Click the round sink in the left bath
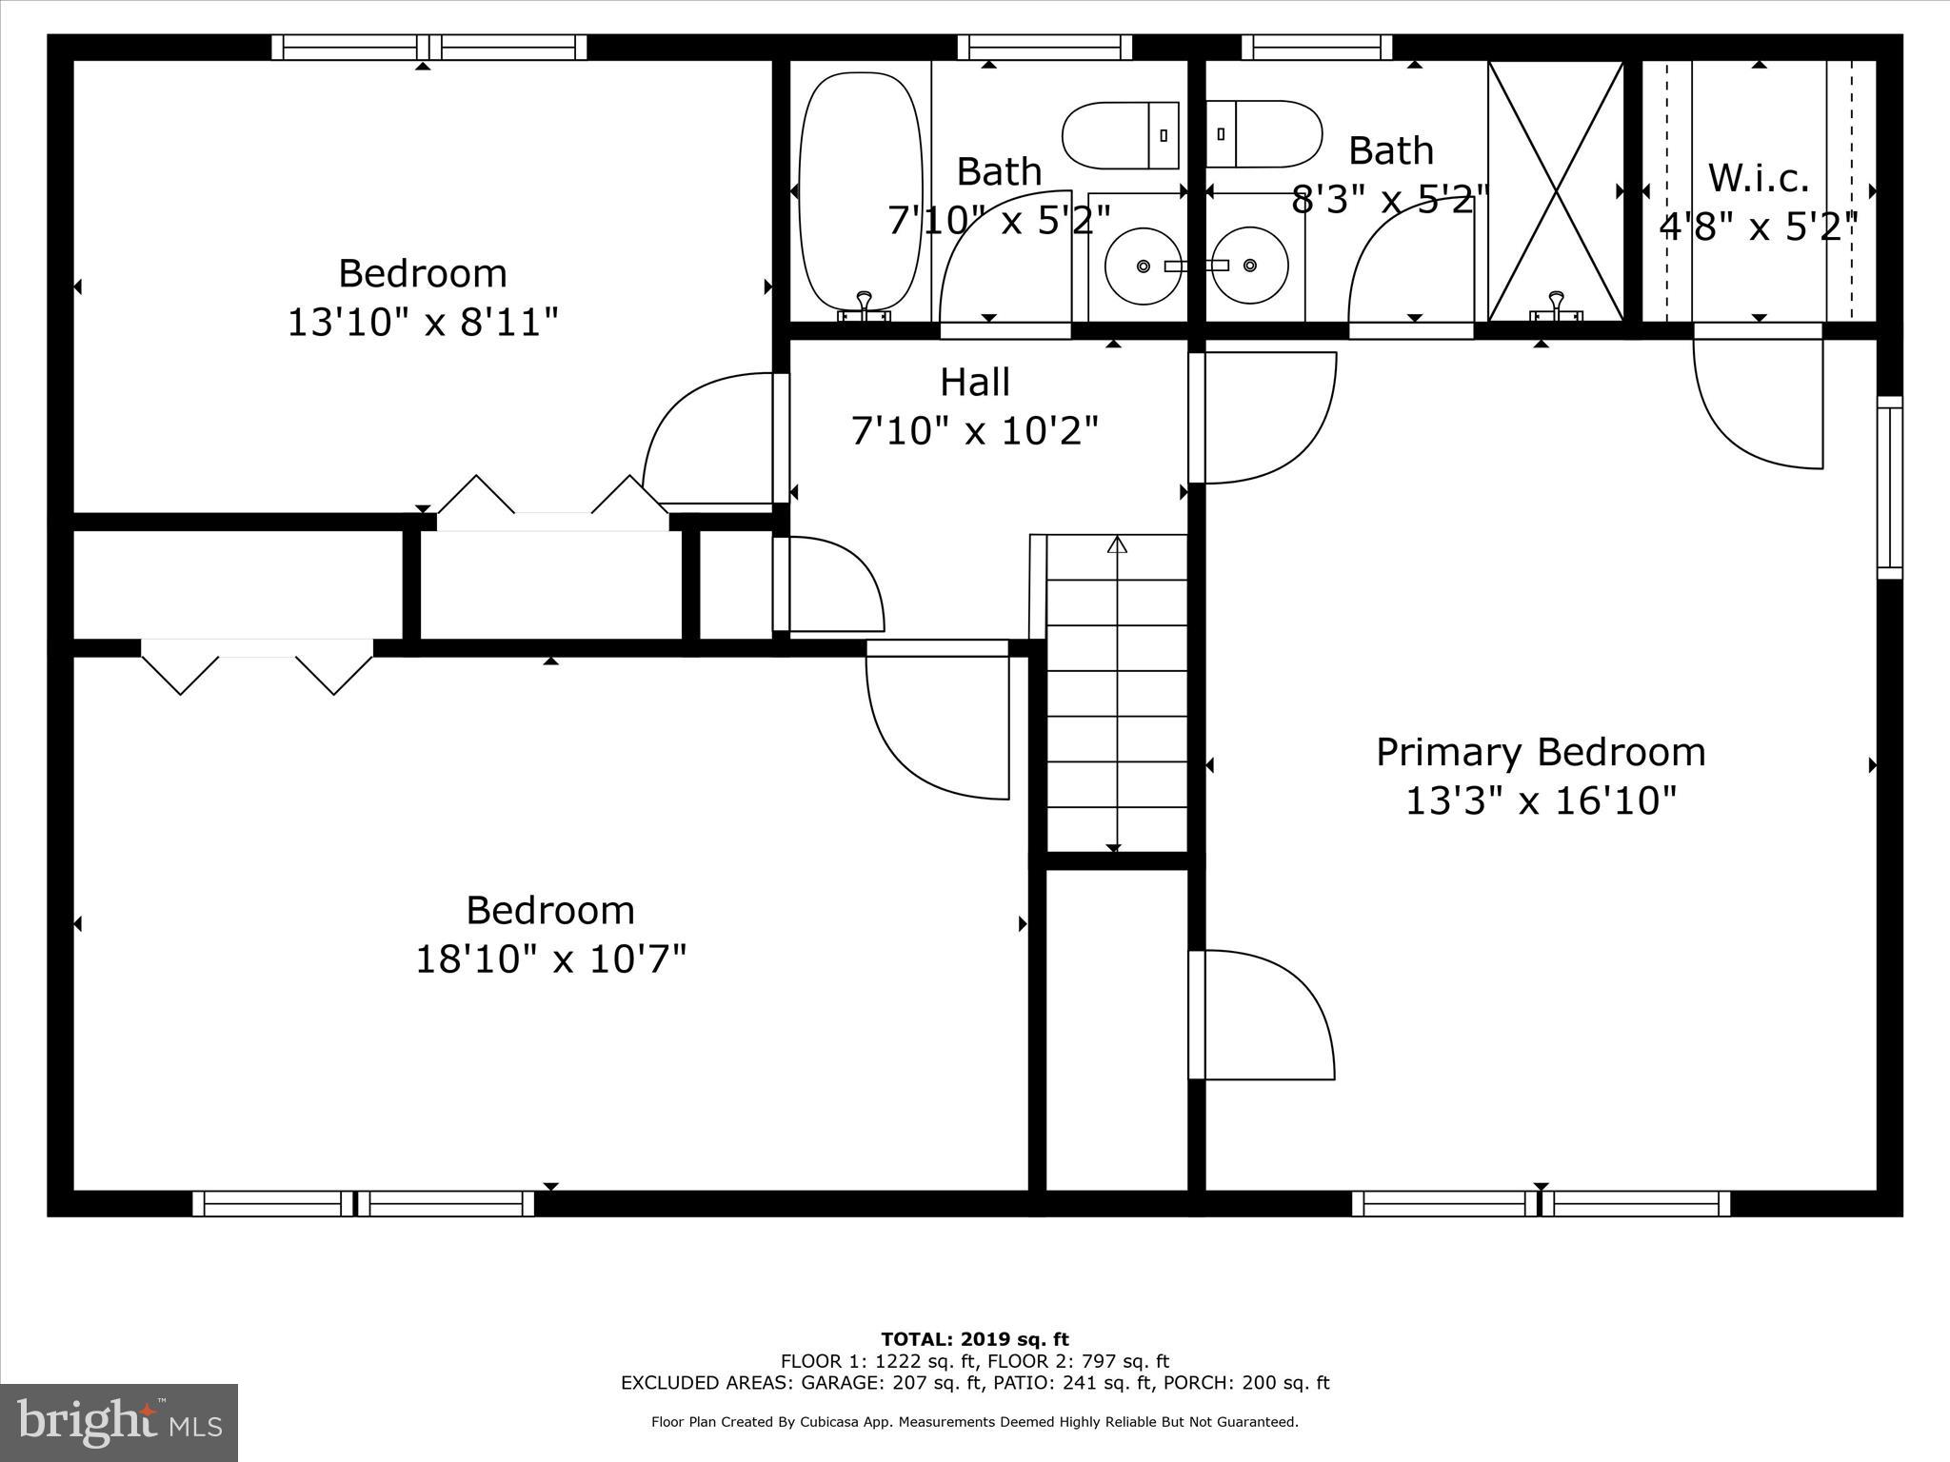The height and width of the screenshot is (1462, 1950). (1144, 266)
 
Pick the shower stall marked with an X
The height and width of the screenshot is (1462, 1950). (1556, 190)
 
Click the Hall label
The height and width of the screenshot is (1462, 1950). (974, 383)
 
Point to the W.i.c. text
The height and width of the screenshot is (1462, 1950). (1758, 179)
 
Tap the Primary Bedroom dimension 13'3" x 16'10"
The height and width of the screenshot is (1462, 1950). (1540, 801)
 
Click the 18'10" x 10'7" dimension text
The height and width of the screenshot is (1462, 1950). (550, 959)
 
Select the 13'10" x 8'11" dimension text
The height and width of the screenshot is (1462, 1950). (422, 323)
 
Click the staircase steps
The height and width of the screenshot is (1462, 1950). (1117, 695)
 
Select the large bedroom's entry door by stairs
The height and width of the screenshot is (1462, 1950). (938, 723)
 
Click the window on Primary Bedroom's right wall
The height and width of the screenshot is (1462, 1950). (1889, 487)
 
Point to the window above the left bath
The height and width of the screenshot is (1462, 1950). (1045, 48)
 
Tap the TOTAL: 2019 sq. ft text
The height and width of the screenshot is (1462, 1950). (974, 1340)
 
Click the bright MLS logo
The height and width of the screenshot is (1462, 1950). (119, 1423)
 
